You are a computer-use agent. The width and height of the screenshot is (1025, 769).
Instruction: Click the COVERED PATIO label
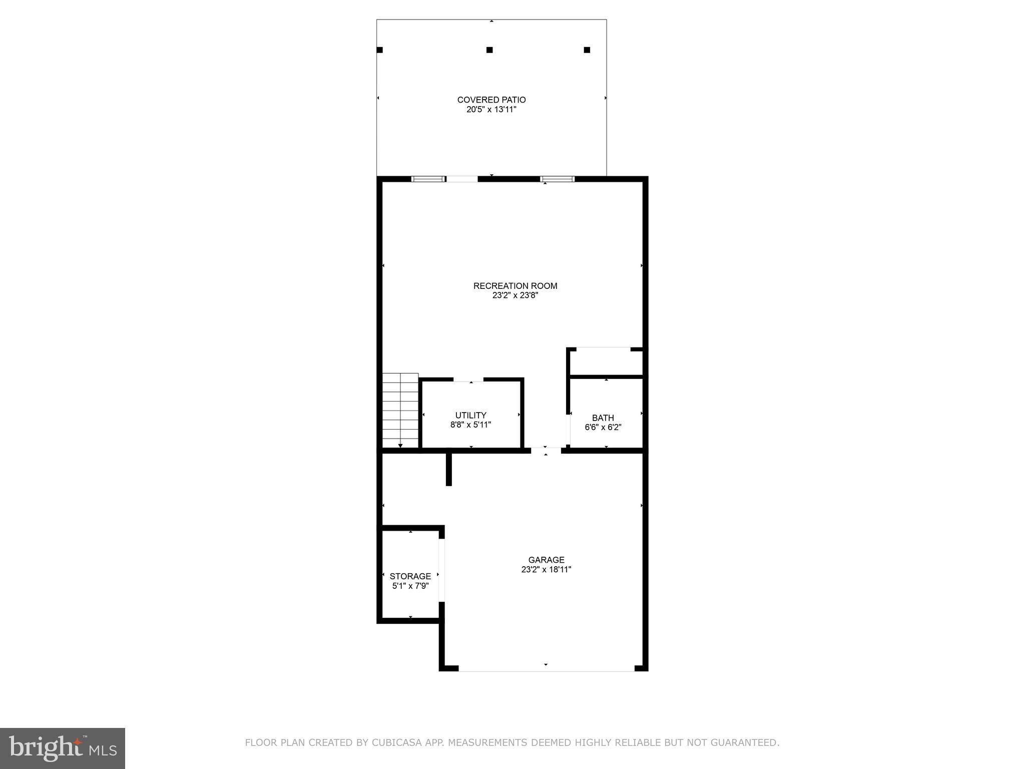[491, 100]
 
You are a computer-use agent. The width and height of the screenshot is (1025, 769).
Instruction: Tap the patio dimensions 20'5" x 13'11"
[491, 110]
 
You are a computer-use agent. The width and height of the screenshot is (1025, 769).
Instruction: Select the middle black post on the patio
[489, 50]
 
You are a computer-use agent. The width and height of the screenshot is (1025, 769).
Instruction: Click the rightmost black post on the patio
[587, 50]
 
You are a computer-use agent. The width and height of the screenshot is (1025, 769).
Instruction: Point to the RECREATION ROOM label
[515, 286]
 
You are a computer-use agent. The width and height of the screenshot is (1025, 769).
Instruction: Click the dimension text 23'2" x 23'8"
[515, 295]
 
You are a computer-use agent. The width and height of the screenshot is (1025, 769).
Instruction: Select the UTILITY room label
[470, 415]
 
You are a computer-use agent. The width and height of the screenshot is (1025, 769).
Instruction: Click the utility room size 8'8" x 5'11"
[470, 425]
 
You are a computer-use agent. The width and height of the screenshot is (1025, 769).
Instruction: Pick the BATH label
[603, 418]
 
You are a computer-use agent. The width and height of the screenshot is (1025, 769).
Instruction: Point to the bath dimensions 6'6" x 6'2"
[603, 427]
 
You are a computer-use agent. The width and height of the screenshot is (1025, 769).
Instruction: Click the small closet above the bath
[606, 362]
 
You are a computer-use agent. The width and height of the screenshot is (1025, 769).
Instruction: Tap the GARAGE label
[546, 560]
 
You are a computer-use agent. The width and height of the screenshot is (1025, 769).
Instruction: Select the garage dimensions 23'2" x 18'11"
[546, 569]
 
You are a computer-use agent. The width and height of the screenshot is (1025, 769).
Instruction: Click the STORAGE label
[410, 576]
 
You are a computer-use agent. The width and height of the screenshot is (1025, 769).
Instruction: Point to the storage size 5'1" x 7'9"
[410, 586]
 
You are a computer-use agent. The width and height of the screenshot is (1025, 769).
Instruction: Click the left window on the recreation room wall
[428, 179]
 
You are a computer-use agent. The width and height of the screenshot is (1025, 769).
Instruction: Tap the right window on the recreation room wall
[557, 179]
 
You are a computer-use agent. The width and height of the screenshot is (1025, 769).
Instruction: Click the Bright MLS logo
[63, 748]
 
